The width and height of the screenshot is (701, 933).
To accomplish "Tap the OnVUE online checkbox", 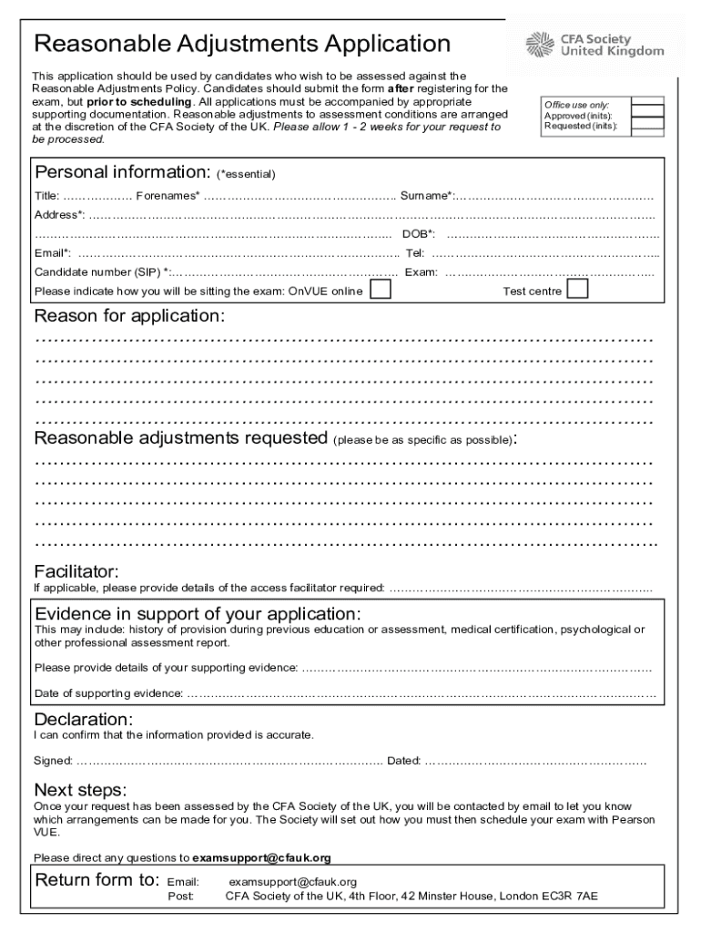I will point(381,290).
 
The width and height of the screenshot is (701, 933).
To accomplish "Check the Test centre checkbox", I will point(577,290).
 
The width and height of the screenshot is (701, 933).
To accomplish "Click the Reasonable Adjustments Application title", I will point(241,44).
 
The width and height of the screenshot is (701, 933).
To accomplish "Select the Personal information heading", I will point(122,172).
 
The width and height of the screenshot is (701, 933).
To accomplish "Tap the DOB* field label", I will point(419,234).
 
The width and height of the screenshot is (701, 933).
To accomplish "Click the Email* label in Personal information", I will point(53,253).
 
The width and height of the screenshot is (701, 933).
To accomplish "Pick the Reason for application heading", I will point(128,316).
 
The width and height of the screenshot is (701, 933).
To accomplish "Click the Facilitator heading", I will point(76,571).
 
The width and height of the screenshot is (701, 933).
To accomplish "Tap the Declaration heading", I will point(84,719).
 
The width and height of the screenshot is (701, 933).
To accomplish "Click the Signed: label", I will point(53,760).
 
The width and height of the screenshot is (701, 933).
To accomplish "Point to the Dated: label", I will point(404,760).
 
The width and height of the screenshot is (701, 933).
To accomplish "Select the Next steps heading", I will point(80,788).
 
